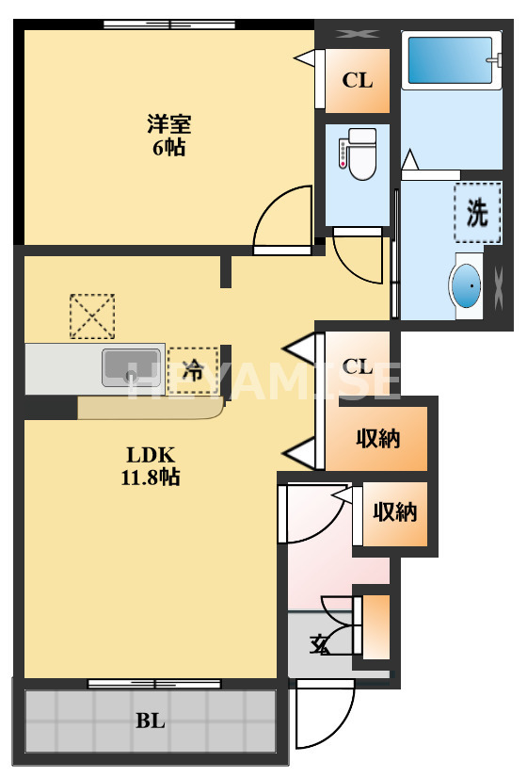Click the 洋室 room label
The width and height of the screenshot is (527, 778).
pos(169,122)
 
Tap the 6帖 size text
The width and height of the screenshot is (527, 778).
pos(169,147)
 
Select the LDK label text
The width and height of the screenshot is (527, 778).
pos(151,453)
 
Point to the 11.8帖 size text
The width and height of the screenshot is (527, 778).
pos(151,478)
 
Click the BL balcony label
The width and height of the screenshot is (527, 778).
pos(151,722)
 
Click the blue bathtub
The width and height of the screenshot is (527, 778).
pos(450,61)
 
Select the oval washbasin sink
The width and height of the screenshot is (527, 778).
pos(466,285)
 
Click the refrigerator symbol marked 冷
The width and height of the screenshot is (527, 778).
pos(193,369)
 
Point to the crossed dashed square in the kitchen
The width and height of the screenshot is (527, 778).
pos(92,316)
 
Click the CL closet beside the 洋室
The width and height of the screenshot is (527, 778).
pos(358,80)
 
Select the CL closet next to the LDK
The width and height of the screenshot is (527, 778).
pos(358,366)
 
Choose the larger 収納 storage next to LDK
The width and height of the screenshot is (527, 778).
pos(377,437)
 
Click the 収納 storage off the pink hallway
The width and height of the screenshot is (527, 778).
pos(394,512)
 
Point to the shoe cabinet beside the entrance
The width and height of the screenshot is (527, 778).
pos(375,626)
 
